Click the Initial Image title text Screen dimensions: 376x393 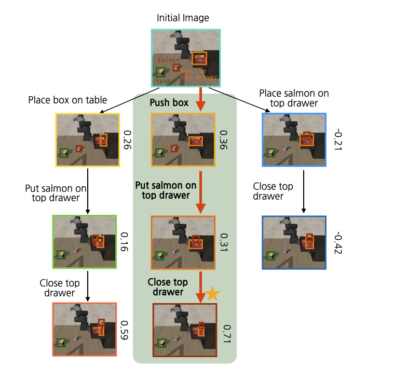coord(183,18)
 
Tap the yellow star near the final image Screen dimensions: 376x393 coord(212,294)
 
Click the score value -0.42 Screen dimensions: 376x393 coord(338,243)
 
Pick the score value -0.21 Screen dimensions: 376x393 coord(338,140)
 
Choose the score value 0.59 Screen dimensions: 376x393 coord(125,329)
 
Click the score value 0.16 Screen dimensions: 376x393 coord(125,241)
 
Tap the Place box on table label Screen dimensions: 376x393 coord(67,100)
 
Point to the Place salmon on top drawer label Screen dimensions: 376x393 coord(293,98)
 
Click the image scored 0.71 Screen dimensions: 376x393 coord(184,330)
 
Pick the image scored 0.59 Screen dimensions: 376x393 coord(85,329)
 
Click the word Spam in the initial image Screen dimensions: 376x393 coord(164,81)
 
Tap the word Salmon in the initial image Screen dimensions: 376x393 coord(168,60)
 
